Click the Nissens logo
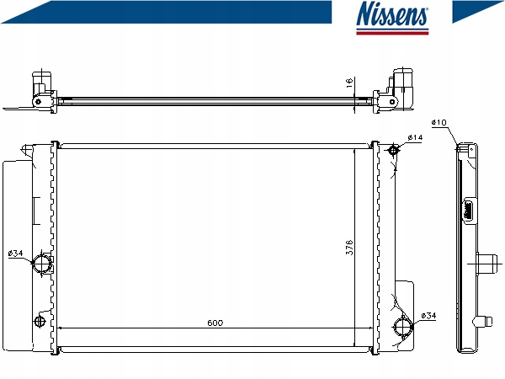point(392,18)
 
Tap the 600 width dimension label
point(215,323)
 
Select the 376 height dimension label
point(349,247)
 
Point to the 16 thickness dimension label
point(349,83)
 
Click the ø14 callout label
point(415,137)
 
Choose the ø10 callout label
point(439,122)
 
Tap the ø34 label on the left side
point(15,254)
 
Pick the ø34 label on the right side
point(428,316)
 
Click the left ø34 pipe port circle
point(41,264)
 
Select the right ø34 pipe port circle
point(403,326)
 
